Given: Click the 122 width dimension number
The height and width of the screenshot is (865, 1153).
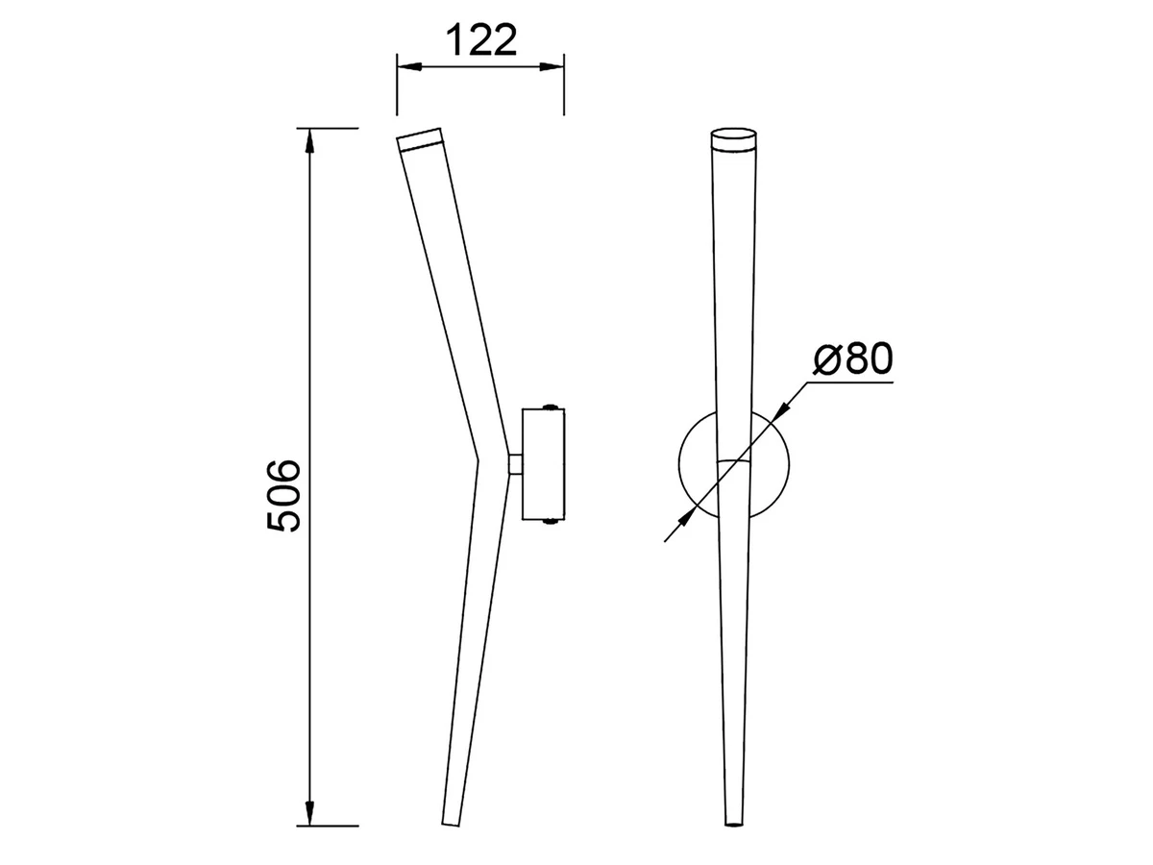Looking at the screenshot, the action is (481, 40).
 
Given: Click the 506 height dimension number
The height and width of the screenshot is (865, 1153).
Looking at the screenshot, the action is (283, 495).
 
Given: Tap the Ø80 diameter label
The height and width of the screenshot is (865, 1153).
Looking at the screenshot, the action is (853, 359).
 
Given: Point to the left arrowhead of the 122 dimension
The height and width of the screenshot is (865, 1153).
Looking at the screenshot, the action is (409, 66).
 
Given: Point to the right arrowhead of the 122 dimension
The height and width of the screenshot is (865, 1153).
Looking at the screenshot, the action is (552, 66).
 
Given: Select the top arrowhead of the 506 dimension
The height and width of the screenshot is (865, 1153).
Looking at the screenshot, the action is (310, 141).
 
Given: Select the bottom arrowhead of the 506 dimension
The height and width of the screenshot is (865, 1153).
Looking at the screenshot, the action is (310, 812).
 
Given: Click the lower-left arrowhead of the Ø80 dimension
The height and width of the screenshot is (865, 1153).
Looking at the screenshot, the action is (687, 517).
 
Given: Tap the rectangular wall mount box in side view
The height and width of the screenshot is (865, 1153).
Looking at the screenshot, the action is (543, 464).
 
